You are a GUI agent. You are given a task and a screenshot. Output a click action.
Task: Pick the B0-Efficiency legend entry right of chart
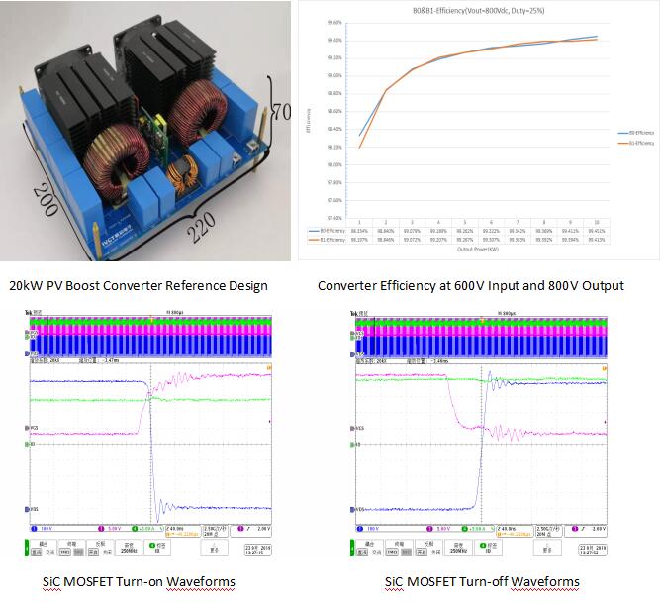tap(629, 132)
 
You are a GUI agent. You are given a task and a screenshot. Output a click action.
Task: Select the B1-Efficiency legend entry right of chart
tap(629, 144)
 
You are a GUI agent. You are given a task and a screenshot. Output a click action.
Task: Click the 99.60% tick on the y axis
tap(333, 22)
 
